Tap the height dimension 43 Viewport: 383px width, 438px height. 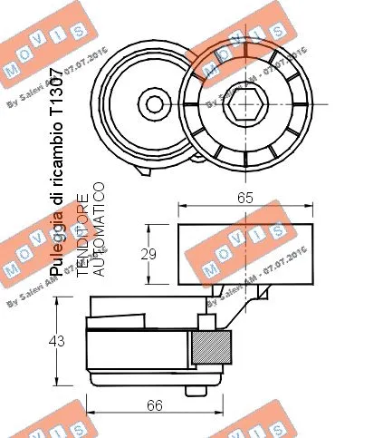tap(56, 342)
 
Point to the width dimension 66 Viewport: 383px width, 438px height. tap(154, 405)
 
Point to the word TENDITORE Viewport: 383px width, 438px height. tap(81, 234)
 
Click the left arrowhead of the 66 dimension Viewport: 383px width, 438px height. tap(89, 398)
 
